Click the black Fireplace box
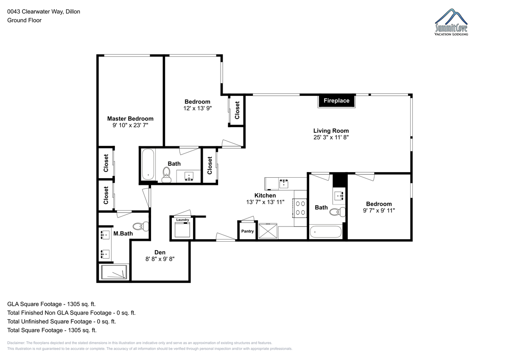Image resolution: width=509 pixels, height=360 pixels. [336, 100]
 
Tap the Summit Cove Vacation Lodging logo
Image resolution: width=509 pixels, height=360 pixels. [451, 22]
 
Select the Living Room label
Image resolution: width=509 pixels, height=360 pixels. [331, 131]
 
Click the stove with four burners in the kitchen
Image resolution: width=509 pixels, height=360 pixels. [300, 208]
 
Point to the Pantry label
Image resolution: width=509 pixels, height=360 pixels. [247, 231]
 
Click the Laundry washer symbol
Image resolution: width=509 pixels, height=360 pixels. [182, 230]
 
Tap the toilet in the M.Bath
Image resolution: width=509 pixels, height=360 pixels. [141, 226]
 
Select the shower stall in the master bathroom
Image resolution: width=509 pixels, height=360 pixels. [114, 272]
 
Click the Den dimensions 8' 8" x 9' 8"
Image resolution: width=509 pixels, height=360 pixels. [160, 259]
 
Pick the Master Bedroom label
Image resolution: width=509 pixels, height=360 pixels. [130, 119]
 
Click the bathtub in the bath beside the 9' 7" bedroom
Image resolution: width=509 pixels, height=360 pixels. [326, 232]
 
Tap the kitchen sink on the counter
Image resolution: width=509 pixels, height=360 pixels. [284, 184]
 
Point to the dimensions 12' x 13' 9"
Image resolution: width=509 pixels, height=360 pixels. [198, 109]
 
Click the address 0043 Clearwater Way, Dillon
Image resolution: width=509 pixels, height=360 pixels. [44, 11]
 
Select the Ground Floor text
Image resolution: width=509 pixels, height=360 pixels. [24, 20]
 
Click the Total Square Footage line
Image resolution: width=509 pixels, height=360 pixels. [52, 330]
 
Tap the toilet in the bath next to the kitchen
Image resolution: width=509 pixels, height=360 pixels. [338, 212]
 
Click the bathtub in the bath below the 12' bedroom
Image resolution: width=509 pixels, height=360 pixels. [148, 164]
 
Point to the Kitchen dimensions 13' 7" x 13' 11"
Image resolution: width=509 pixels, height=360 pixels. [265, 202]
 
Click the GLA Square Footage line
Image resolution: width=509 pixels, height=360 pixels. [51, 304]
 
